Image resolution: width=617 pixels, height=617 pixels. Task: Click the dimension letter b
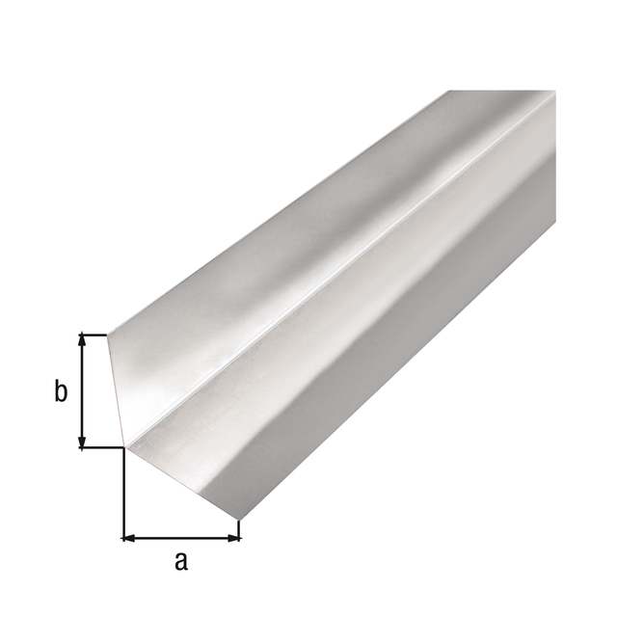(x=60, y=391)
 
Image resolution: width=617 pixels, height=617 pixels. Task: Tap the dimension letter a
(x=180, y=560)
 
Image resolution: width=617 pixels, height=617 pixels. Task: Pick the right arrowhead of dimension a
(x=233, y=536)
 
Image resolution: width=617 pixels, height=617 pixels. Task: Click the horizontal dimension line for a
(x=181, y=536)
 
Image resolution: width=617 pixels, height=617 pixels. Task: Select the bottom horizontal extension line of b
(x=101, y=447)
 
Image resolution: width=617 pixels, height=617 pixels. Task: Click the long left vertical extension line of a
(x=123, y=492)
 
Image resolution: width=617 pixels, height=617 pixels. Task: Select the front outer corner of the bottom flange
(x=239, y=522)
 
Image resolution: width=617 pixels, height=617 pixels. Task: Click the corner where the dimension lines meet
(x=123, y=447)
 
